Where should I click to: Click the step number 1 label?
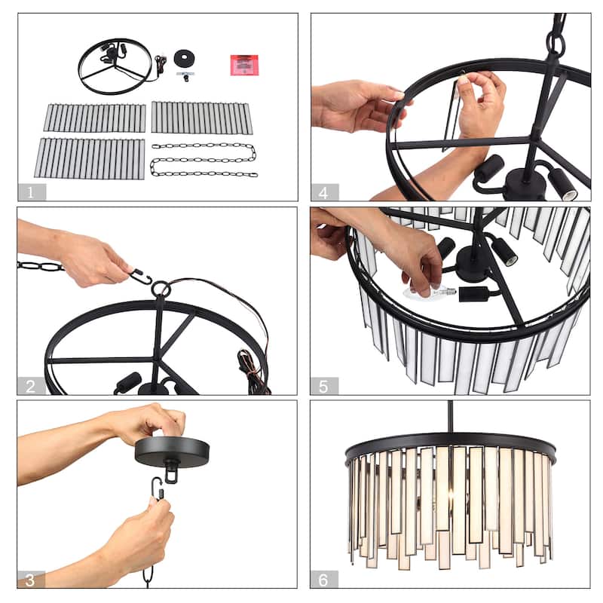(x=31, y=192)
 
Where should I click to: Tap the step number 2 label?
(x=31, y=387)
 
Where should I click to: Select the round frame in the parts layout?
(x=115, y=66)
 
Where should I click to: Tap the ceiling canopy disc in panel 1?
(x=185, y=59)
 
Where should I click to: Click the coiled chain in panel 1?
(x=204, y=160)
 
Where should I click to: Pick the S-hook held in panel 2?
(x=140, y=277)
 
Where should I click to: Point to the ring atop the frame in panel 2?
(x=160, y=289)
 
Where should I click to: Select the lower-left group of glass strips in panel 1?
(x=89, y=158)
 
